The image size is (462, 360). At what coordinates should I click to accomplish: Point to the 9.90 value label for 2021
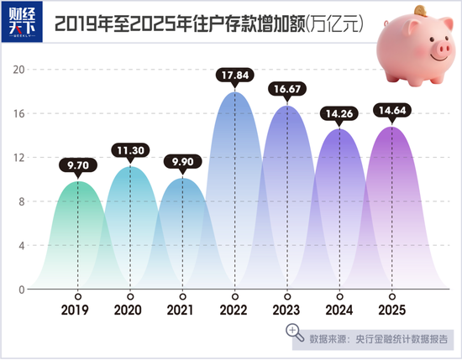click(181, 164)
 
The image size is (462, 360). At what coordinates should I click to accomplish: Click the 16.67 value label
click(287, 89)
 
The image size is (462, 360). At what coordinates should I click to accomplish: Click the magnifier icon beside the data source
click(297, 335)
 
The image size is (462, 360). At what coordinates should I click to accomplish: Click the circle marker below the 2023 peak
click(287, 296)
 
